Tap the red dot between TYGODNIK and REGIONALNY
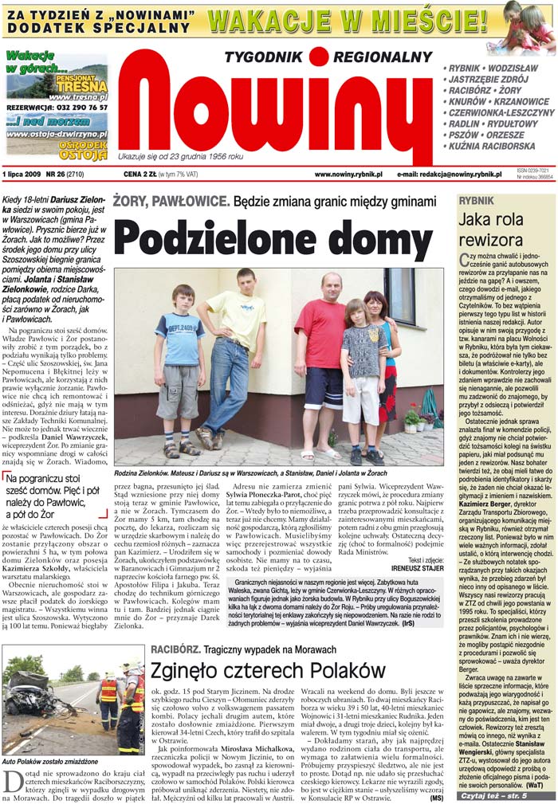pos(319,56)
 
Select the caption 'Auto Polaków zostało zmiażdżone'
pos(39,762)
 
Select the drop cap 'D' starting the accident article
pos(10,784)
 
